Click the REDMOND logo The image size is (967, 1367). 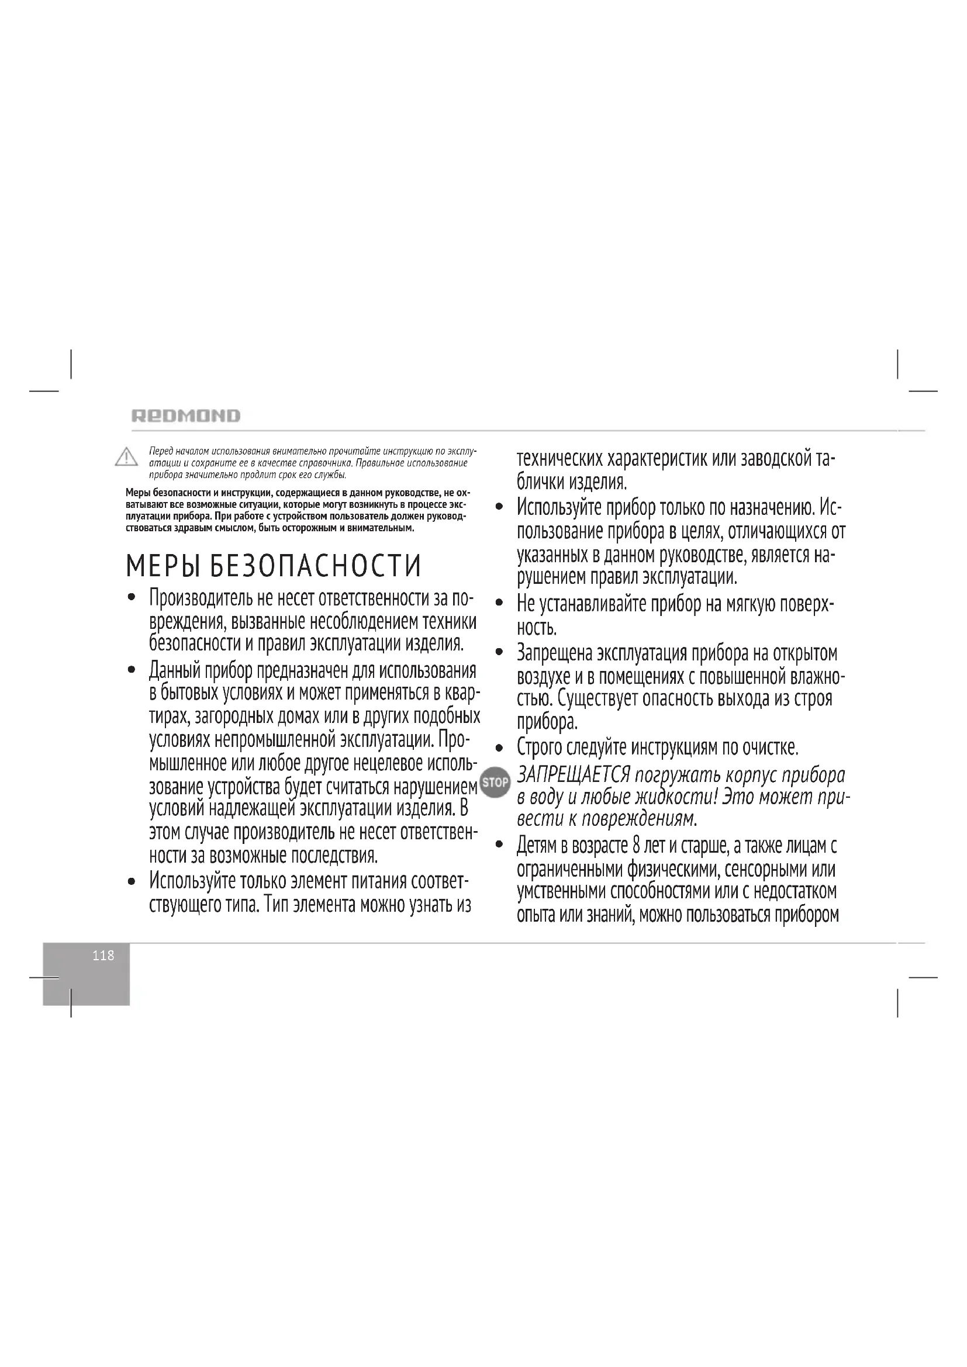(x=186, y=416)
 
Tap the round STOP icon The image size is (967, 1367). (x=495, y=783)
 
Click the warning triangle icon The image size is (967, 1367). (x=126, y=458)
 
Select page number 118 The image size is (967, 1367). (x=103, y=956)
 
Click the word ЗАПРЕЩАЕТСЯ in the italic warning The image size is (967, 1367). (x=574, y=775)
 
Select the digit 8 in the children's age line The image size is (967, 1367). (x=637, y=846)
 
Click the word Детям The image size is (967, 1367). (x=536, y=846)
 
